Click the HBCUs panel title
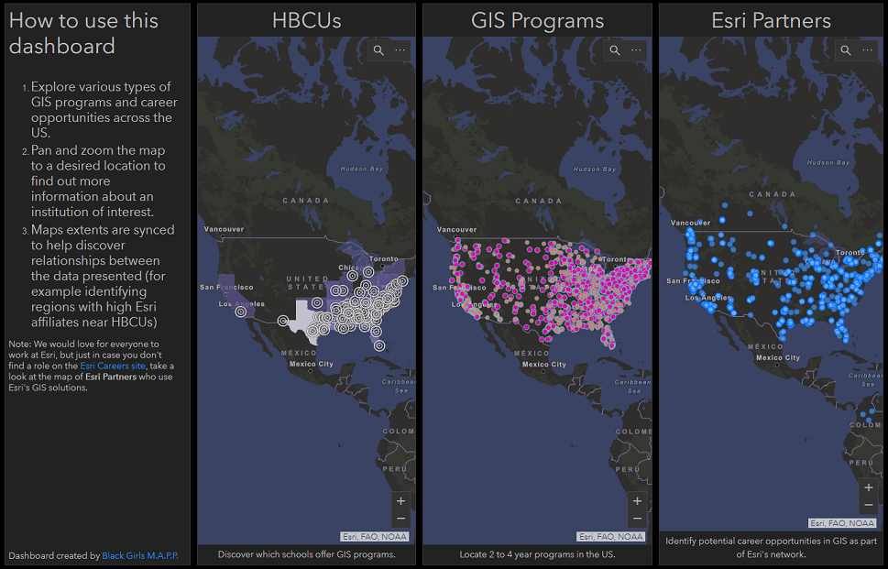coord(306,20)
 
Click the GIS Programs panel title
coord(537,20)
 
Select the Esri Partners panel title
coord(772,20)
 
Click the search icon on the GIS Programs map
coord(615,50)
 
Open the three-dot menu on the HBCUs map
coord(400,50)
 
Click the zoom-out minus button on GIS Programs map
coord(637,520)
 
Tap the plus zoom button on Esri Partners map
coord(869,487)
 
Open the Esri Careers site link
coord(113,366)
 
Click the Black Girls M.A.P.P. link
coord(141,555)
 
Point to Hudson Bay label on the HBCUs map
coord(360,170)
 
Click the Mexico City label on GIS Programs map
coord(544,365)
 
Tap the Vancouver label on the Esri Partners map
coord(691,223)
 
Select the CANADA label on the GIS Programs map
coord(539,201)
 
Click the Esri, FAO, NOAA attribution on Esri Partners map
coord(842,523)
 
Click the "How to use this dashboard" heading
coord(83,33)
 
